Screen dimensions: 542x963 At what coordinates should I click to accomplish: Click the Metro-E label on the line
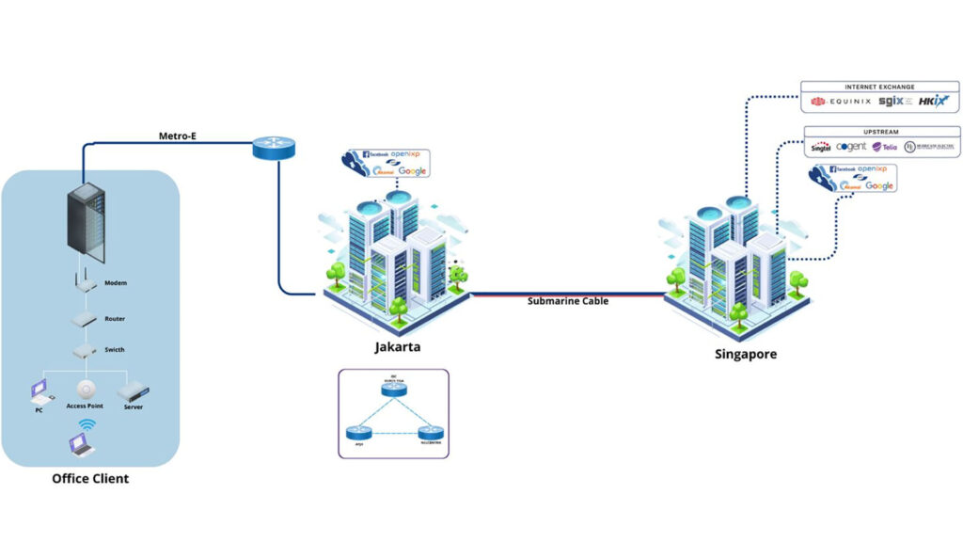coord(177,135)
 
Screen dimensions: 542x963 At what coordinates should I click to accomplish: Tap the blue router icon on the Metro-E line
coord(274,148)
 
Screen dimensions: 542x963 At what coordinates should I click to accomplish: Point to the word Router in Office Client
coord(115,319)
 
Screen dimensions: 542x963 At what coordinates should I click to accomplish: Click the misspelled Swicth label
coord(115,349)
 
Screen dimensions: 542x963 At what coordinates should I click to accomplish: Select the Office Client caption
coord(90,478)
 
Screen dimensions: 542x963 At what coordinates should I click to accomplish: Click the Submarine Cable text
coord(567,301)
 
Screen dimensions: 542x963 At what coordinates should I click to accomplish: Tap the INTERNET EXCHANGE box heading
coord(879,87)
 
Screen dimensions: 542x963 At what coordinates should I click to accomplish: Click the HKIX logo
coord(933,101)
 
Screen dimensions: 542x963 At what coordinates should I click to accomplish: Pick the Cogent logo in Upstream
coord(850,147)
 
